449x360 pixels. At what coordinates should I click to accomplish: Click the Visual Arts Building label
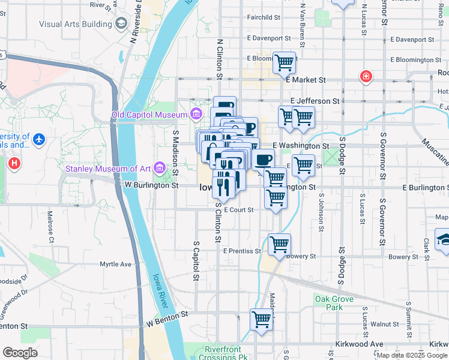point(75,24)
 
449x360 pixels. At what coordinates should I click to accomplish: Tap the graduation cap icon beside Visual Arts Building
point(121,23)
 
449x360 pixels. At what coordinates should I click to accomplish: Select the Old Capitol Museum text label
point(149,114)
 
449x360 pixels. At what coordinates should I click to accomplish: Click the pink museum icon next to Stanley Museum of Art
point(159,168)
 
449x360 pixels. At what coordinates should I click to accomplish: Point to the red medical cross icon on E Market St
point(365,77)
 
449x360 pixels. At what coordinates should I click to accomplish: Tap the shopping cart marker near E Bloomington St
point(283,62)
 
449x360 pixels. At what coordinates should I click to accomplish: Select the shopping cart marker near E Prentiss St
point(279,244)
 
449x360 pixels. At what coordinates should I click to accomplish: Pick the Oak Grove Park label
point(330,303)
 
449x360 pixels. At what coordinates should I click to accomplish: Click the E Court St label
point(239,210)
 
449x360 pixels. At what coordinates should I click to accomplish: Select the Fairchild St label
point(264,18)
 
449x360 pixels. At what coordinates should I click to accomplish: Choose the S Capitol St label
point(196,262)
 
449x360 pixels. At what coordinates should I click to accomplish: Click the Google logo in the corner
point(20,353)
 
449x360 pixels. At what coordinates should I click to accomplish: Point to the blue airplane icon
point(39,139)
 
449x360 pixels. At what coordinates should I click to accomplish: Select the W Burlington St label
point(151,186)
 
